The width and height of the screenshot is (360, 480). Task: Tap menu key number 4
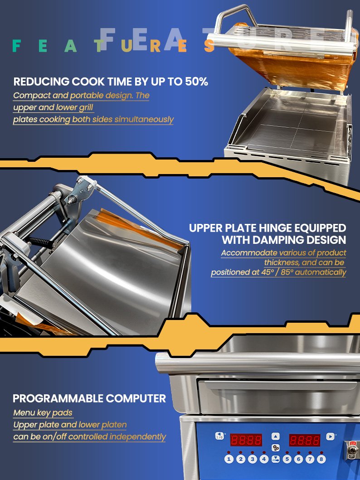(x=264, y=459)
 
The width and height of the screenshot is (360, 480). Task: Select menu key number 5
(x=287, y=459)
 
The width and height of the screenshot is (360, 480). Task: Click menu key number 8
(x=321, y=459)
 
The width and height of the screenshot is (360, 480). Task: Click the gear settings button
(x=276, y=448)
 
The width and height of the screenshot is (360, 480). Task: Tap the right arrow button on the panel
(x=330, y=436)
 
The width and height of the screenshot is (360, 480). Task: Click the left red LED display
(x=246, y=440)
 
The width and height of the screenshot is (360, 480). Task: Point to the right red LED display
(x=305, y=440)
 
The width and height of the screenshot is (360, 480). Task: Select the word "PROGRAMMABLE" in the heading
(x=58, y=398)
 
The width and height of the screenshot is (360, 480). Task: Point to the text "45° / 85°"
(x=277, y=272)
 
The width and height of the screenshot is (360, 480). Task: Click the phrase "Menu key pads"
(x=43, y=412)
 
